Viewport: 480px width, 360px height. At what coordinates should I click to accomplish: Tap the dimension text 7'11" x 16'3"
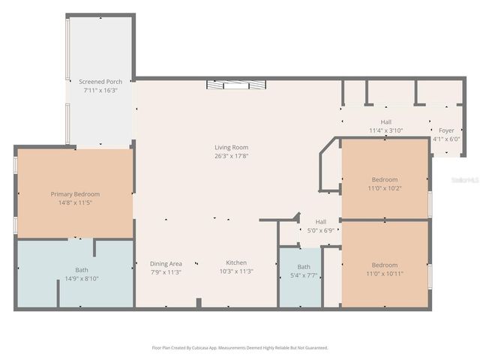pos(100,90)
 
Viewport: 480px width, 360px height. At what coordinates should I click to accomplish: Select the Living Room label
pos(231,147)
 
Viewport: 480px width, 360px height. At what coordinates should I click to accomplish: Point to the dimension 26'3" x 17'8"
pos(231,156)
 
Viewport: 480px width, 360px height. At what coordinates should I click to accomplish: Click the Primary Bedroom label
pos(75,193)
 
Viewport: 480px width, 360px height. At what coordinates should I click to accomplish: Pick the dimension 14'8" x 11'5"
pos(75,202)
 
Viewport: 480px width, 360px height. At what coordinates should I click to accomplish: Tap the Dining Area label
pos(166,263)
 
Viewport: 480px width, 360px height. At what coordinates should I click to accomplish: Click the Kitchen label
pos(236,262)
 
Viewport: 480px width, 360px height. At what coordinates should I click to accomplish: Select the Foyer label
pos(446,130)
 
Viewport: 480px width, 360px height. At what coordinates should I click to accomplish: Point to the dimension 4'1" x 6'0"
pos(445,139)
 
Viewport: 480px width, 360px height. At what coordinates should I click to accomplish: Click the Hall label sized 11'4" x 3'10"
pos(385,121)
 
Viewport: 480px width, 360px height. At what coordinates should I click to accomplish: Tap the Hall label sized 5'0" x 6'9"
pos(320,222)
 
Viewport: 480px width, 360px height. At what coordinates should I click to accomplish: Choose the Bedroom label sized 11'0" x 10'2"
pos(385,179)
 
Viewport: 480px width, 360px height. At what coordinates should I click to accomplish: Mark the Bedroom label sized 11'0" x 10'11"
pos(385,265)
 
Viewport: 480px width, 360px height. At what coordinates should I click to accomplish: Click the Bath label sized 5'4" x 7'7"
pos(303,267)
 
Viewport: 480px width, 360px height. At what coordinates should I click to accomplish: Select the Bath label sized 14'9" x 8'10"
pos(81,270)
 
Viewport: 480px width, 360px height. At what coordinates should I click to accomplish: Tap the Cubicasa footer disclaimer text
pos(239,348)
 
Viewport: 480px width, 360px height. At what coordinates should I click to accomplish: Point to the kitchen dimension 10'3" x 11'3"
pos(236,271)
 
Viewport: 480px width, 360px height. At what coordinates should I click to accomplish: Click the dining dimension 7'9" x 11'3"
pos(166,272)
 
